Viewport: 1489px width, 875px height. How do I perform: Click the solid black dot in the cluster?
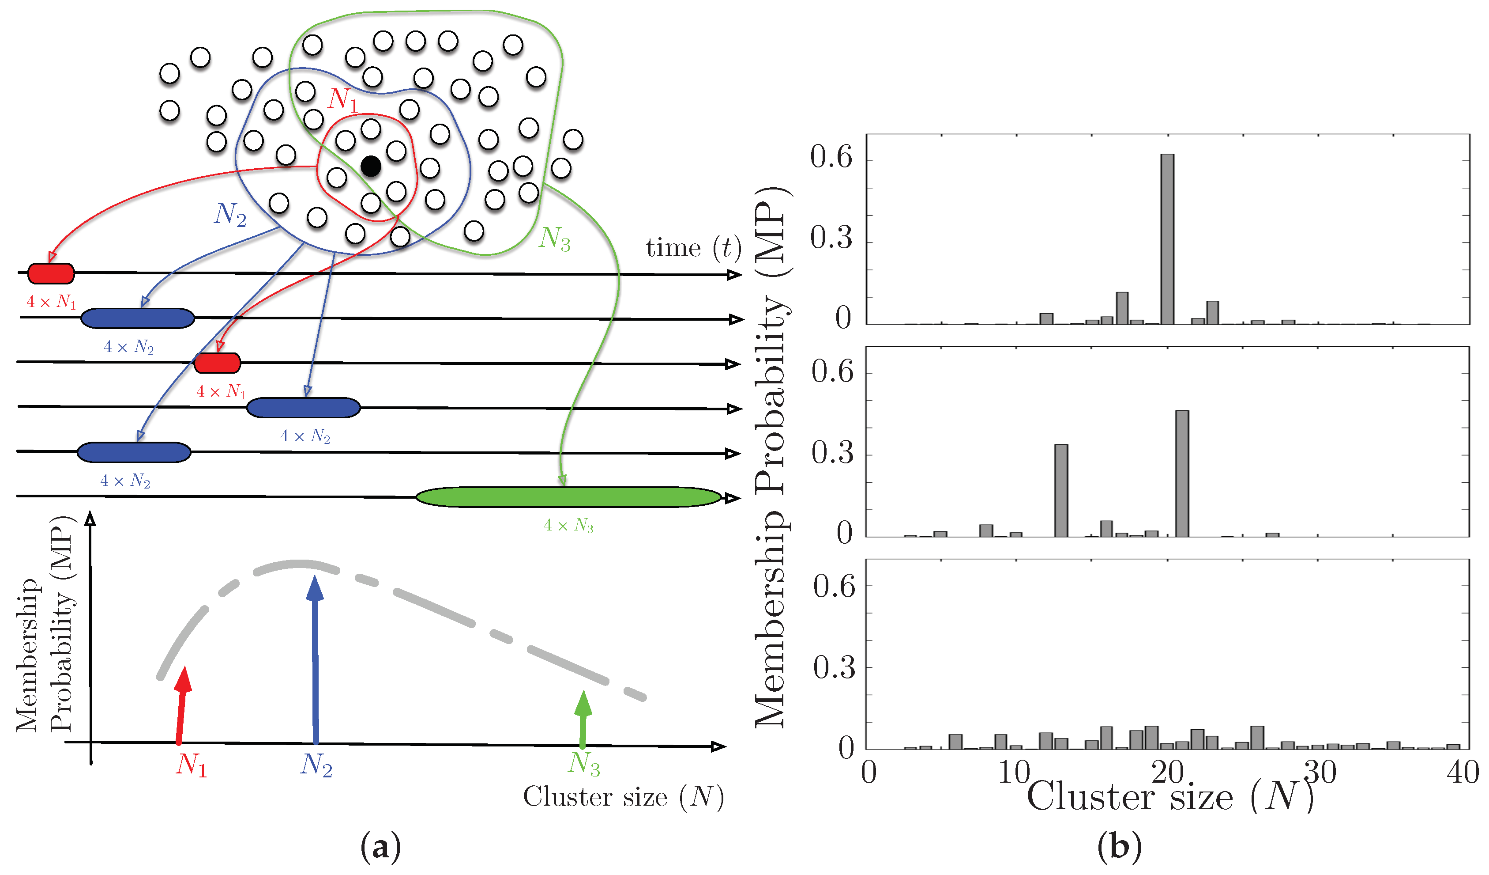coord(370,166)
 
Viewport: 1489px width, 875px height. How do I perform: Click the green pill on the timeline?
coord(568,497)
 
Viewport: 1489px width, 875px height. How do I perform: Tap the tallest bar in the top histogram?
coord(1167,239)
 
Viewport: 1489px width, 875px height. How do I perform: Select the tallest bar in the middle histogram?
coord(1182,473)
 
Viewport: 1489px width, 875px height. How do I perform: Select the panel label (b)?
coord(1119,847)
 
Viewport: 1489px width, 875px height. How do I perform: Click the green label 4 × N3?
coord(568,526)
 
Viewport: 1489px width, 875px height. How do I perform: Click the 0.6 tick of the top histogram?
coord(831,157)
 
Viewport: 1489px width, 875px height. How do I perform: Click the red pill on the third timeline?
coord(218,363)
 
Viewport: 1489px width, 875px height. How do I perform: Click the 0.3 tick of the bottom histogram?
coord(834,667)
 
